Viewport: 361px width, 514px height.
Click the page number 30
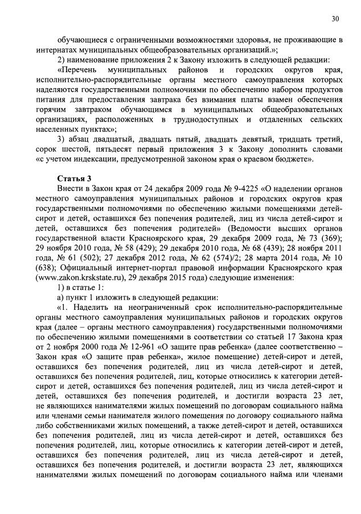click(336, 19)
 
